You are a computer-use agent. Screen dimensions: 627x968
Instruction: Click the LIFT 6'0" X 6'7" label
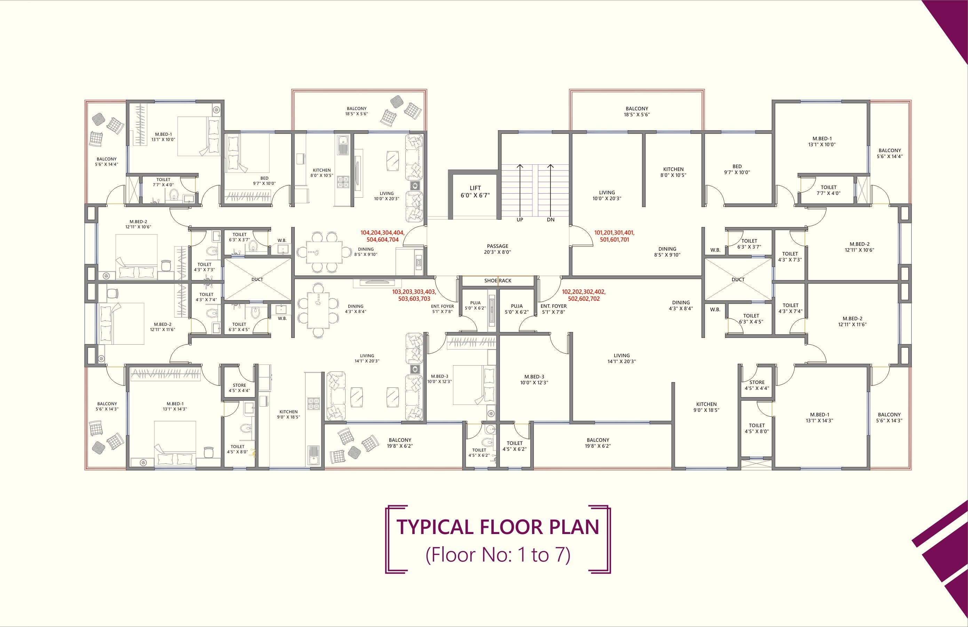click(x=475, y=191)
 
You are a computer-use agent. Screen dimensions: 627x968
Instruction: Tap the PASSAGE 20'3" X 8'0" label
click(x=498, y=249)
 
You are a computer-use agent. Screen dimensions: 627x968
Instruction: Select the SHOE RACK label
click(x=498, y=281)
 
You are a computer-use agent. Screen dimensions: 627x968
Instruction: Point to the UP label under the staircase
click(x=520, y=220)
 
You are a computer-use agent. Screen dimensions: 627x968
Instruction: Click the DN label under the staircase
click(x=551, y=220)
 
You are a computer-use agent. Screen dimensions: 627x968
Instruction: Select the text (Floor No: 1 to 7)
click(x=498, y=555)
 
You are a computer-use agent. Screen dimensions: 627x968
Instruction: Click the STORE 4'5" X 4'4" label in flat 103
click(x=239, y=388)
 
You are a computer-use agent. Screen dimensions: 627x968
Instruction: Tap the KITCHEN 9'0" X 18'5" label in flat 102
click(x=706, y=407)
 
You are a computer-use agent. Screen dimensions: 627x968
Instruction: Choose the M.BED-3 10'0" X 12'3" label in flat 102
click(x=534, y=379)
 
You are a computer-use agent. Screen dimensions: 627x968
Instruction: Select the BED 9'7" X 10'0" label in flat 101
click(x=737, y=169)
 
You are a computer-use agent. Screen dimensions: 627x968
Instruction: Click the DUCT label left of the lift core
click(x=257, y=280)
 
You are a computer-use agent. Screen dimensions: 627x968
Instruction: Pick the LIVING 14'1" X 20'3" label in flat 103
click(x=367, y=358)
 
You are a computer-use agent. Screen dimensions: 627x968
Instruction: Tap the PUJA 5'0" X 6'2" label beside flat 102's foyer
click(x=517, y=309)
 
